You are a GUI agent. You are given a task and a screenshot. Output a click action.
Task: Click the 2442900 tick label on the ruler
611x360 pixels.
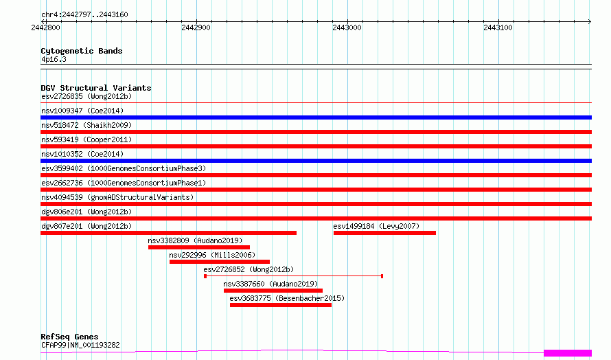point(196,27)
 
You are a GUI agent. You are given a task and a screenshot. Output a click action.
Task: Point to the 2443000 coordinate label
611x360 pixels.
point(347,27)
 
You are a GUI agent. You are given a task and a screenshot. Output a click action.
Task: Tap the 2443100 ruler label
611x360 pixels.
point(498,27)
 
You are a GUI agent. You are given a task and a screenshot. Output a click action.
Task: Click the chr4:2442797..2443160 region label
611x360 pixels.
point(84,15)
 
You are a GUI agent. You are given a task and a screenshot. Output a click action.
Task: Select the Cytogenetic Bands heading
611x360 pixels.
point(82,51)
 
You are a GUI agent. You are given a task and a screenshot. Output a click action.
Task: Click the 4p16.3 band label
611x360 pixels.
point(54,59)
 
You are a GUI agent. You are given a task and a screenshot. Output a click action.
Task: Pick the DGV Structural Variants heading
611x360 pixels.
point(96,88)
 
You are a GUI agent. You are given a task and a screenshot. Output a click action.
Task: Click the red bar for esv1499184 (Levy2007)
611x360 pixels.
point(384,233)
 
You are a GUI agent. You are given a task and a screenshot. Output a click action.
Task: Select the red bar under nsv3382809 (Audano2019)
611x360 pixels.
point(199,247)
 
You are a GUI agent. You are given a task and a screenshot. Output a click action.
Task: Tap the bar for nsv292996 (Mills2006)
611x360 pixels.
point(220,262)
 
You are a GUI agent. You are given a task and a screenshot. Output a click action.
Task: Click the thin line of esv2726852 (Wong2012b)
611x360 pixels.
point(294,276)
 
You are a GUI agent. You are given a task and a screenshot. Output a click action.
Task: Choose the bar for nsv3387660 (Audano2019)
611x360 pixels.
point(273,291)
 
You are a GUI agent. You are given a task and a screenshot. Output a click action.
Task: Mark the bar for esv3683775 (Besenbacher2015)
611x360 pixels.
point(281,305)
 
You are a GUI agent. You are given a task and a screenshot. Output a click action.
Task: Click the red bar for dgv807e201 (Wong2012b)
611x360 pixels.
point(169,233)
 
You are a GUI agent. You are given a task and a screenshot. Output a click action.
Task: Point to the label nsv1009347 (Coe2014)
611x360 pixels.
point(82,111)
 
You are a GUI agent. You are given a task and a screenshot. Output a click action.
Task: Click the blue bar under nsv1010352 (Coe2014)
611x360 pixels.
point(316,161)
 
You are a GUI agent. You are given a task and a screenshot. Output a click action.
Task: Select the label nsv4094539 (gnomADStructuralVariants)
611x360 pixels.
point(117,197)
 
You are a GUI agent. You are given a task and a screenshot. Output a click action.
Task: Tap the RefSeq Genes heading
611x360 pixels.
point(69,337)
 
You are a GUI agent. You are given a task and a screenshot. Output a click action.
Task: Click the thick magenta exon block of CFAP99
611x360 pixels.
point(568,353)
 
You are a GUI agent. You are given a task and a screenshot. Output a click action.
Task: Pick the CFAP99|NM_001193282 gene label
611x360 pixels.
point(80,345)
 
